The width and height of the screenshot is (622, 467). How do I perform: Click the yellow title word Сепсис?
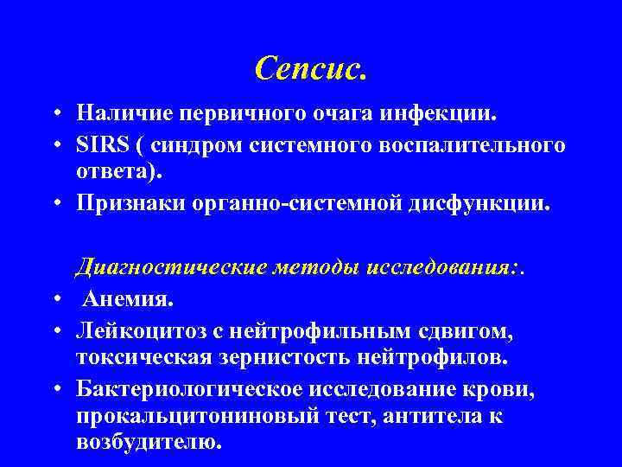[x=311, y=68]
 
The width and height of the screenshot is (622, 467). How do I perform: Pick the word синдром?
[x=206, y=144]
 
